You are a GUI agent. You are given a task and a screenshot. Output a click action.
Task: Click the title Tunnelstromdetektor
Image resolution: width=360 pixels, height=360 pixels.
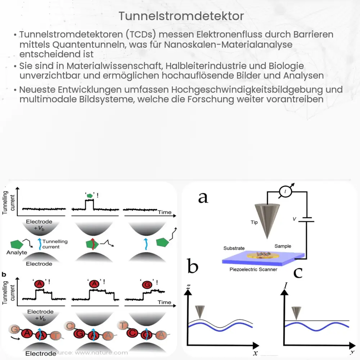[181, 16]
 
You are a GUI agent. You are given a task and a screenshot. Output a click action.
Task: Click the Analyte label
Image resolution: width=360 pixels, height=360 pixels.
[17, 253]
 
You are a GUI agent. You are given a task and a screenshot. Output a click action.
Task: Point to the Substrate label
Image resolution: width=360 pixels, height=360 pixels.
[234, 248]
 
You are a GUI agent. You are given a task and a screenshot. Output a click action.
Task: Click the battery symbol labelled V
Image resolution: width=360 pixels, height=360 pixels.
[306, 219]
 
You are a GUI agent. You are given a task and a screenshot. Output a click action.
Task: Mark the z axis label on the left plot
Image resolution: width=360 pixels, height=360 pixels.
[187, 287]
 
